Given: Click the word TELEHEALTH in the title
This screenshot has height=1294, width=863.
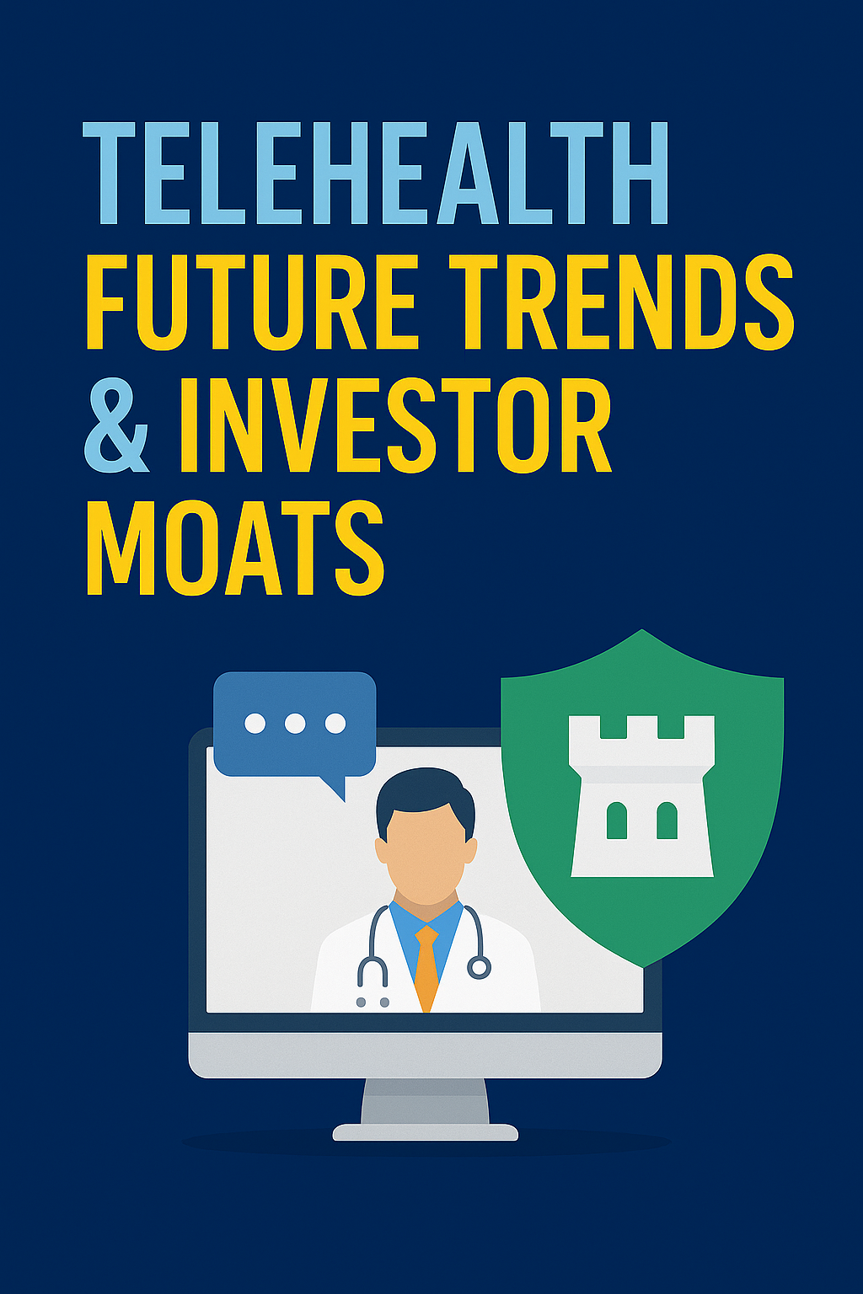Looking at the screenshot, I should tap(376, 174).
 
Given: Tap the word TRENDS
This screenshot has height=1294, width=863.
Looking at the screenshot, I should tap(621, 302).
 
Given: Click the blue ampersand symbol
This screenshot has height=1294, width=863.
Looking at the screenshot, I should tap(116, 425).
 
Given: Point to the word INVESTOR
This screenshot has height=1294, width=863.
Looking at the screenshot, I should tap(395, 425).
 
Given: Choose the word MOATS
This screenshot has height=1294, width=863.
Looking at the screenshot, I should tap(235, 548).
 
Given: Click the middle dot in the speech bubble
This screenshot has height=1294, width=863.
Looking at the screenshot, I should tap(295, 723).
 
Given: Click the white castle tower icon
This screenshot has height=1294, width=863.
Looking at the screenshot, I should tap(641, 795).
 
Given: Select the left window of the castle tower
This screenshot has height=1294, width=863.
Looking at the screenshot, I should tap(617, 821).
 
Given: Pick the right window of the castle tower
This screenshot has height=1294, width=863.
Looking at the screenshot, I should tap(667, 821).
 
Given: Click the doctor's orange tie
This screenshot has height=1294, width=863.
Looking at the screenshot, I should tap(426, 965).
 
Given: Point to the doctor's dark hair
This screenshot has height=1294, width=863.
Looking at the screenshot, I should tap(426, 792).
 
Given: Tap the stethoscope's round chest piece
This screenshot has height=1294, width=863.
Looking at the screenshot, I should tap(479, 967).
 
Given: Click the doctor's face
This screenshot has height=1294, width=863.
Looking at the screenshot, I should tap(426, 851).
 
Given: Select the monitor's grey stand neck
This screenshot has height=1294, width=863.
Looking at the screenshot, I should tap(425, 1101).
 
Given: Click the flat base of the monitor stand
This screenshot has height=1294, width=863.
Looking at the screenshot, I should tap(425, 1132).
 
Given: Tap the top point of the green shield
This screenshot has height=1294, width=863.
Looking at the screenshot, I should tap(642, 632).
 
